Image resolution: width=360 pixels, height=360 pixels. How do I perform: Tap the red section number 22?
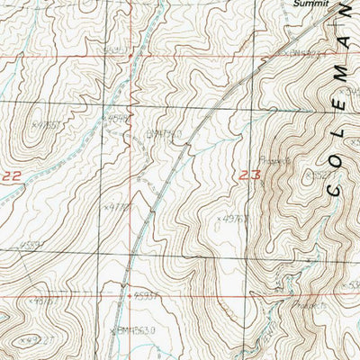pyautogui.click(x=11, y=178)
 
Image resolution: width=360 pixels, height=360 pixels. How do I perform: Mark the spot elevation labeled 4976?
pyautogui.click(x=236, y=217)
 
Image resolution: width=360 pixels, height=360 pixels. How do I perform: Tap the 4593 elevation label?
pyautogui.click(x=146, y=294)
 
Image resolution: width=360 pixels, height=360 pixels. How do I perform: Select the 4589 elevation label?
pyautogui.click(x=118, y=116)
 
